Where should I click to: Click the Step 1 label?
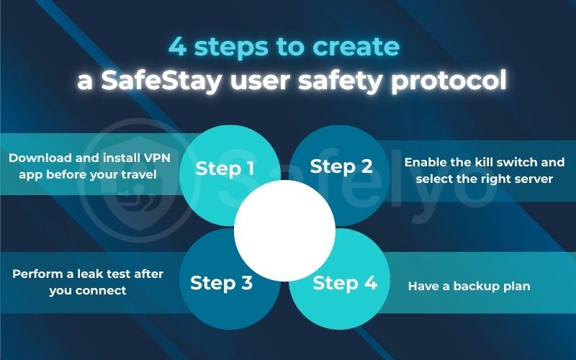click(x=225, y=168)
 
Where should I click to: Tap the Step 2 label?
click(x=341, y=167)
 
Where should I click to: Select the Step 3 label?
click(x=221, y=283)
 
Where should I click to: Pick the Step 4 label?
click(x=345, y=282)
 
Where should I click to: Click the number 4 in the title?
click(x=176, y=47)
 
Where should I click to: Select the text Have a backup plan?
click(x=469, y=287)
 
